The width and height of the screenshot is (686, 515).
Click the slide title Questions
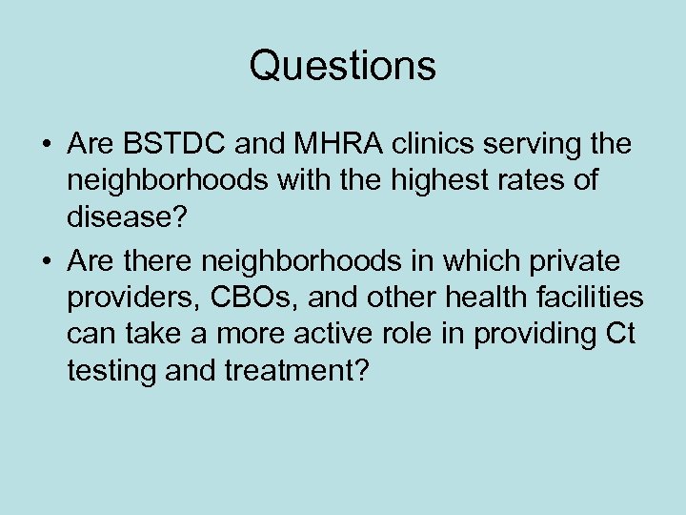click(343, 66)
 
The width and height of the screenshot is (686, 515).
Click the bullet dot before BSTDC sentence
click(45, 146)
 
